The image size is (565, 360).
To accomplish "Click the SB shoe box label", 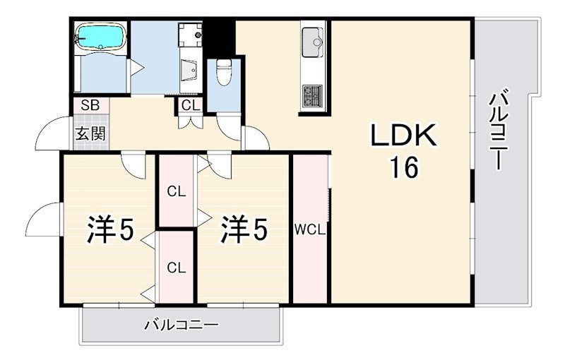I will [90, 106].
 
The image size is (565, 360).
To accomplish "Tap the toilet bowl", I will [224, 71].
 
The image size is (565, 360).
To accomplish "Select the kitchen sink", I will [312, 42].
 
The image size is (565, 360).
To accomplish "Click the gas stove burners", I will [312, 95].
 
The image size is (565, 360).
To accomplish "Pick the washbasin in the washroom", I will [190, 71].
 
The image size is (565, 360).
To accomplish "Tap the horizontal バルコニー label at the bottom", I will [182, 325].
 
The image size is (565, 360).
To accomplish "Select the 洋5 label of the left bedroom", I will [110, 229].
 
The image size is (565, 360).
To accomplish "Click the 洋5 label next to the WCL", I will [244, 229].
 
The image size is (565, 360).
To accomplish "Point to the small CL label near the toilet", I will [189, 106].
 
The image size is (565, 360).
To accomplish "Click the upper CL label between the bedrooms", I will [176, 191].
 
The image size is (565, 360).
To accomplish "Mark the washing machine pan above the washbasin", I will [189, 33].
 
